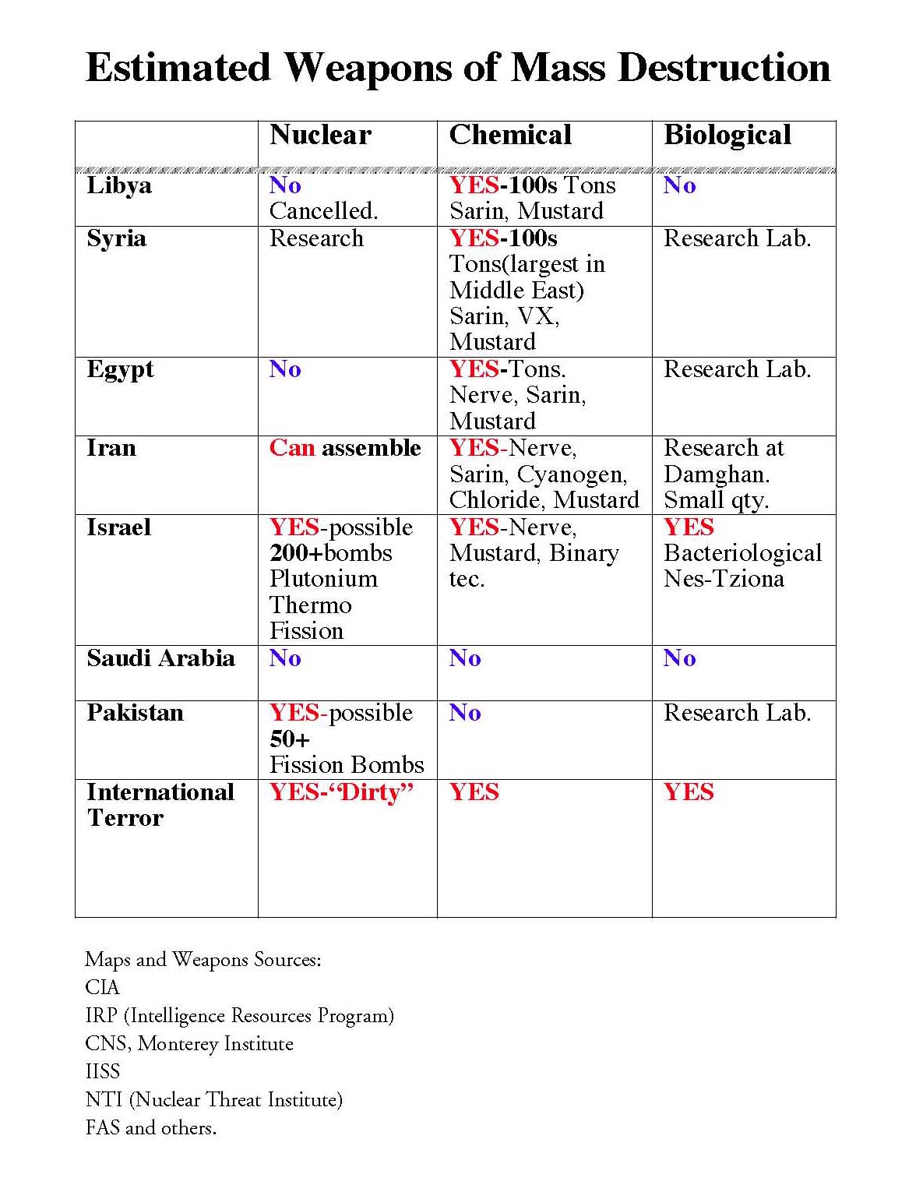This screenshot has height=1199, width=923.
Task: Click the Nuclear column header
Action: point(320,136)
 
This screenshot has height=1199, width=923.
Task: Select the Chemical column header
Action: point(510,136)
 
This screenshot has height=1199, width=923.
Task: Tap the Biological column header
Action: point(727,136)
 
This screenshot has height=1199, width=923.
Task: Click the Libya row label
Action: point(119,186)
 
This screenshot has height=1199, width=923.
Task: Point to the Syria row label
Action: point(116,238)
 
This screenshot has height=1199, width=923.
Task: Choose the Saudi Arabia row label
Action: point(160,658)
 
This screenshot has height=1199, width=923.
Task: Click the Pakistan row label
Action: point(135,713)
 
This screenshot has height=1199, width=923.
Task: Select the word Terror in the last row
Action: point(125,818)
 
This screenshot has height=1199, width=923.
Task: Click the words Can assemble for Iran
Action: point(345,448)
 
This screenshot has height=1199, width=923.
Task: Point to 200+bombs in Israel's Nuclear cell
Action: point(331,553)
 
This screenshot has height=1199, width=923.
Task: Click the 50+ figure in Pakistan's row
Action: point(290,739)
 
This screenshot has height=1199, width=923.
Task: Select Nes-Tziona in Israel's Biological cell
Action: point(724,579)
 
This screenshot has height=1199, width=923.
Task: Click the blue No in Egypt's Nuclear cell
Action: point(285,369)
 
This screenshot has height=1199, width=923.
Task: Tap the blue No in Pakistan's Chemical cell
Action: point(465,713)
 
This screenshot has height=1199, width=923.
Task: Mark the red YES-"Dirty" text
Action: point(342,792)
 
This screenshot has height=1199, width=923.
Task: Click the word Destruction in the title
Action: point(724,68)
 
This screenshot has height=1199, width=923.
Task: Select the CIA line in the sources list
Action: point(102,988)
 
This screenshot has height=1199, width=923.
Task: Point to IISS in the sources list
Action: point(103,1072)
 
